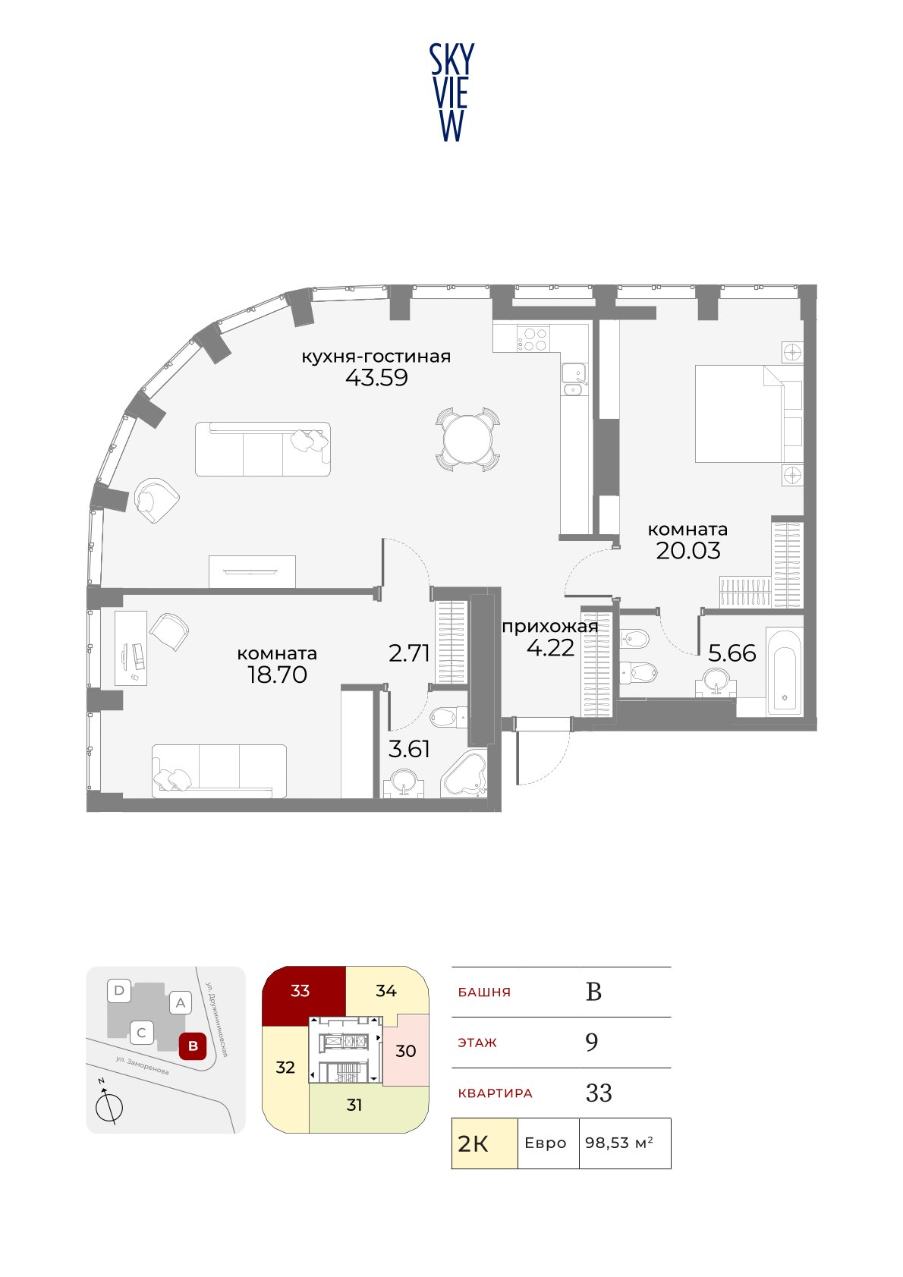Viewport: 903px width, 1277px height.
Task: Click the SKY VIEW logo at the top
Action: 451,93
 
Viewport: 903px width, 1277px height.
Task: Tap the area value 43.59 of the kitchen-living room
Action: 377,378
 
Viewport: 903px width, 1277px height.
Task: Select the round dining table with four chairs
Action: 468,439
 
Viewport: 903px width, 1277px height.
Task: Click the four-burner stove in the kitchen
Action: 533,338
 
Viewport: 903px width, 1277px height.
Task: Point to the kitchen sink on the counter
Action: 574,379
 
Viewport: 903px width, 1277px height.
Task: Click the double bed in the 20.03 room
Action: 748,414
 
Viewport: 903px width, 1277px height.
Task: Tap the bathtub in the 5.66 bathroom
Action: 785,672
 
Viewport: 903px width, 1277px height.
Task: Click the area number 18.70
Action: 277,675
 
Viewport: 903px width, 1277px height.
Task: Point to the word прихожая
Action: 549,627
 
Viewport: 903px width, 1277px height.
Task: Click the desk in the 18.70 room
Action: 131,648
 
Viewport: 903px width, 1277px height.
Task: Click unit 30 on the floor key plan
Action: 405,1050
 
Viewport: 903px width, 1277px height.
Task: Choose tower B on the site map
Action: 193,1046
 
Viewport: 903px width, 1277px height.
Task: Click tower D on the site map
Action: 119,990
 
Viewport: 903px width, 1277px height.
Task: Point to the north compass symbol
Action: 109,1106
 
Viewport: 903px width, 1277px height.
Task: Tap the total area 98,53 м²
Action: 619,1143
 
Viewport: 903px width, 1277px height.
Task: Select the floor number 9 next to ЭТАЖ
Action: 592,1043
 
